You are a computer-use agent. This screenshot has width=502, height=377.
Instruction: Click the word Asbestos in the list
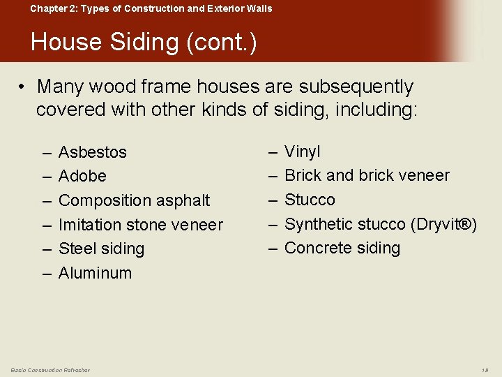click(x=93, y=152)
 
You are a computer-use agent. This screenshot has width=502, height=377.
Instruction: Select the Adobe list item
click(x=82, y=176)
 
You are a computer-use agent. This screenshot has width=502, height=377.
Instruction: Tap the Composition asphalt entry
click(x=134, y=200)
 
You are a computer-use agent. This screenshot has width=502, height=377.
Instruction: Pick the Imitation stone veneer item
click(x=140, y=225)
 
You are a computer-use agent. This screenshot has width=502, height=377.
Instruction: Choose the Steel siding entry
click(x=101, y=249)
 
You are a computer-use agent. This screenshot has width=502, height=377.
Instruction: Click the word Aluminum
click(x=95, y=273)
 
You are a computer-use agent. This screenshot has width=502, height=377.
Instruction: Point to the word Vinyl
click(x=303, y=151)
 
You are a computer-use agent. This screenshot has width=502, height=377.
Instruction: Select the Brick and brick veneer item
click(x=367, y=175)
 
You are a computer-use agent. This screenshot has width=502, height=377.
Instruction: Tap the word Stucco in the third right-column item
click(x=310, y=200)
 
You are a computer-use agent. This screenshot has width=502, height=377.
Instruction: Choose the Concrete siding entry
click(x=342, y=248)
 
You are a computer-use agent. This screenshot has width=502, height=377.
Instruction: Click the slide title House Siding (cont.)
click(x=144, y=43)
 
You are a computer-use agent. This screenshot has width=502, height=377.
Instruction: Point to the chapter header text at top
click(x=151, y=8)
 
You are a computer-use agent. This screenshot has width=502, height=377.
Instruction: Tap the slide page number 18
click(x=485, y=369)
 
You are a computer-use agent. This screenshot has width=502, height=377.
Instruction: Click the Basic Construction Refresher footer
click(x=50, y=369)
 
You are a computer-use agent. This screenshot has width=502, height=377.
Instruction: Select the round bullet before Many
click(x=22, y=87)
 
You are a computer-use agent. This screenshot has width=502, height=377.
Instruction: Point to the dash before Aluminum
click(x=47, y=273)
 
